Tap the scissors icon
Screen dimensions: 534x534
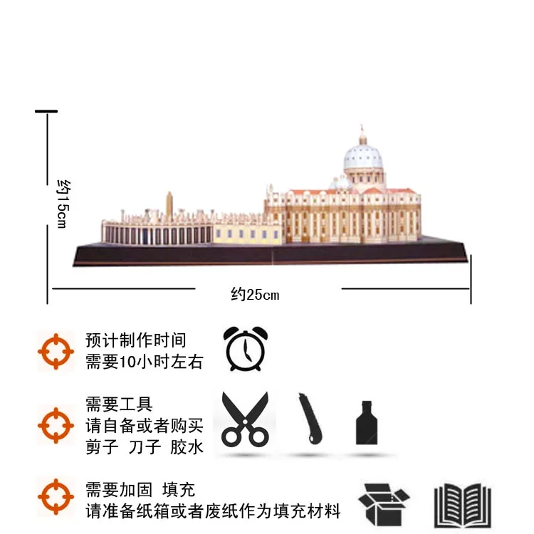click(245, 419)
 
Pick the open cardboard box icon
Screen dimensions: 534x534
click(384, 503)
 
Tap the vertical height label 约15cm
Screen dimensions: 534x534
click(62, 201)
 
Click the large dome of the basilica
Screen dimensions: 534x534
click(363, 158)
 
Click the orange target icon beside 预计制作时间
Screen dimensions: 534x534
click(56, 350)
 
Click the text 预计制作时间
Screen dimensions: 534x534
click(135, 340)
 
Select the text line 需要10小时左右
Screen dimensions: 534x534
click(144, 362)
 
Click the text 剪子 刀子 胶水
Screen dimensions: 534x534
click(144, 447)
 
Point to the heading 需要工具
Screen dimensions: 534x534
click(118, 405)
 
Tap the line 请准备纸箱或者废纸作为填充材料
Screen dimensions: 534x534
click(213, 511)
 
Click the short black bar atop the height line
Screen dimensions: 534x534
click(46, 111)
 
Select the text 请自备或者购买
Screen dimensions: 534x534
click(144, 426)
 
